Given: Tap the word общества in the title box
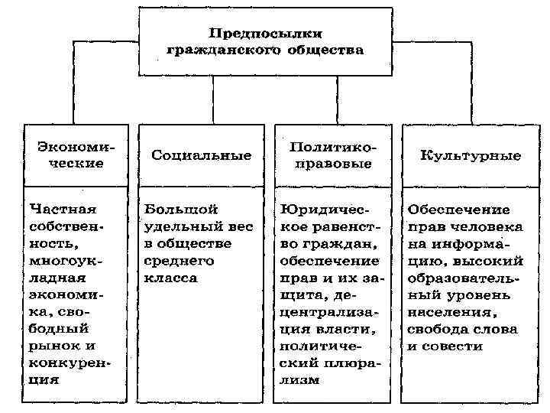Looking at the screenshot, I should click(325, 50).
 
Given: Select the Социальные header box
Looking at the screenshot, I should click(201, 155).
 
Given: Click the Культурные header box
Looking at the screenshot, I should click(471, 155).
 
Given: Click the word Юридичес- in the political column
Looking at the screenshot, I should click(325, 208).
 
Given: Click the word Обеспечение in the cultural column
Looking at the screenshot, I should click(458, 208).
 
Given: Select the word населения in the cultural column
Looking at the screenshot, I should click(451, 311).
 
